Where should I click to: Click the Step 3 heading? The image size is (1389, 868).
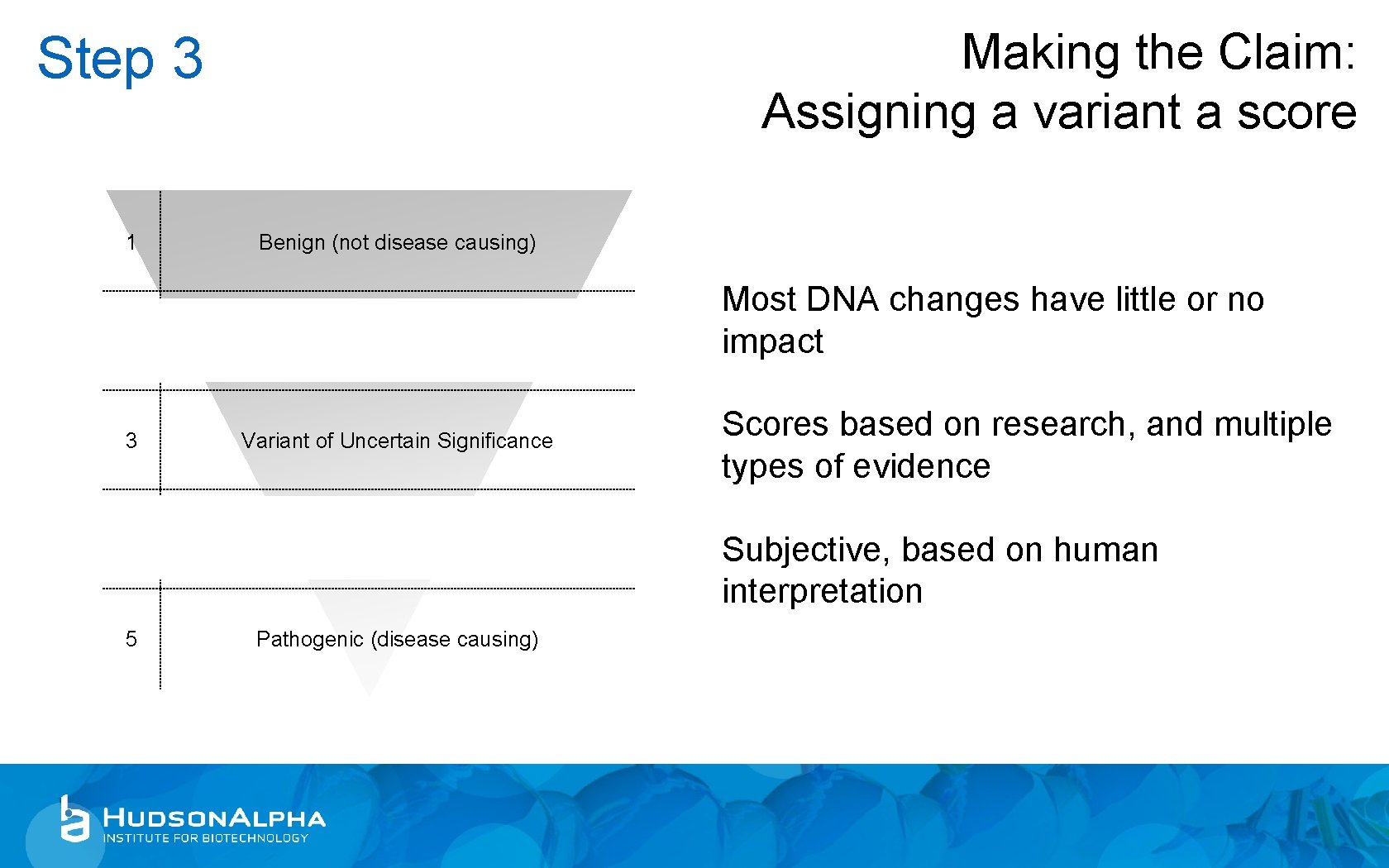click(120, 59)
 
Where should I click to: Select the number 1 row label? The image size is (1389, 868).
click(131, 242)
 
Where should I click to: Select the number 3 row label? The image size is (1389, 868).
click(131, 441)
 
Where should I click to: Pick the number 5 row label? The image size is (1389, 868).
click(131, 639)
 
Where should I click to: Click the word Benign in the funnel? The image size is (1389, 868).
click(291, 242)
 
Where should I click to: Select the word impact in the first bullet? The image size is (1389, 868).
click(772, 342)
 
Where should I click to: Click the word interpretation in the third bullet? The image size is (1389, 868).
click(822, 592)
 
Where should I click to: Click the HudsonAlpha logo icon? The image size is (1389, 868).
click(74, 819)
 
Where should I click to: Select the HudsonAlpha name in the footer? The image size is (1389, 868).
click(214, 818)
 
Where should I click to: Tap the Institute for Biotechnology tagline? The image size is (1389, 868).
click(205, 838)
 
